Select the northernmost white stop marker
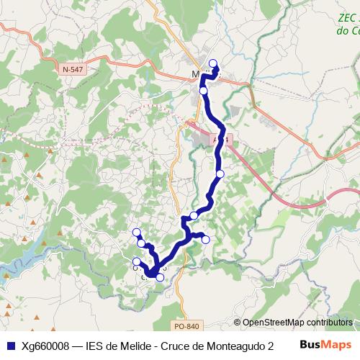[212, 63]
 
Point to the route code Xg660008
[45, 345]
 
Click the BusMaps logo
[325, 344]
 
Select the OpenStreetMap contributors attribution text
[297, 323]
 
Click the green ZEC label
[348, 25]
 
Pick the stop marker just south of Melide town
[204, 91]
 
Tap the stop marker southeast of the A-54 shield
[220, 174]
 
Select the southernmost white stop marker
[160, 276]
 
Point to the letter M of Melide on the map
[197, 74]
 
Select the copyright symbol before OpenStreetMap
[237, 323]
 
